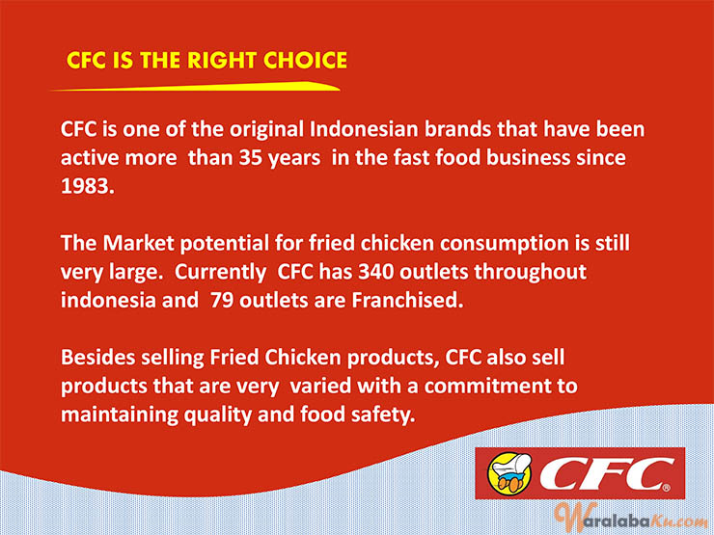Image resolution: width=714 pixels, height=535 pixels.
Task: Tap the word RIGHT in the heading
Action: point(222,61)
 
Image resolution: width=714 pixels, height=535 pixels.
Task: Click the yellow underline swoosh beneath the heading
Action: point(195,87)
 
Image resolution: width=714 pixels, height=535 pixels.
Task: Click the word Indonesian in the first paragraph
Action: point(364,129)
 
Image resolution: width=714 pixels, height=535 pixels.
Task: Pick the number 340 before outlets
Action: point(376,272)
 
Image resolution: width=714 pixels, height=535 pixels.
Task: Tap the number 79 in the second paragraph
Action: point(222,300)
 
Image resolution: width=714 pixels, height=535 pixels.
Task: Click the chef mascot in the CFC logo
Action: point(509,472)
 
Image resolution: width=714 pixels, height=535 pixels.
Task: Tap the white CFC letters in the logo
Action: point(607,473)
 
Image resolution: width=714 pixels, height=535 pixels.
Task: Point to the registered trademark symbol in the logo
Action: point(667,488)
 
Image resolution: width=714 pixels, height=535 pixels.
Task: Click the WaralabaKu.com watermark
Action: point(631,520)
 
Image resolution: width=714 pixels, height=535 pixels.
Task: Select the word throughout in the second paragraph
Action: point(530,273)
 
